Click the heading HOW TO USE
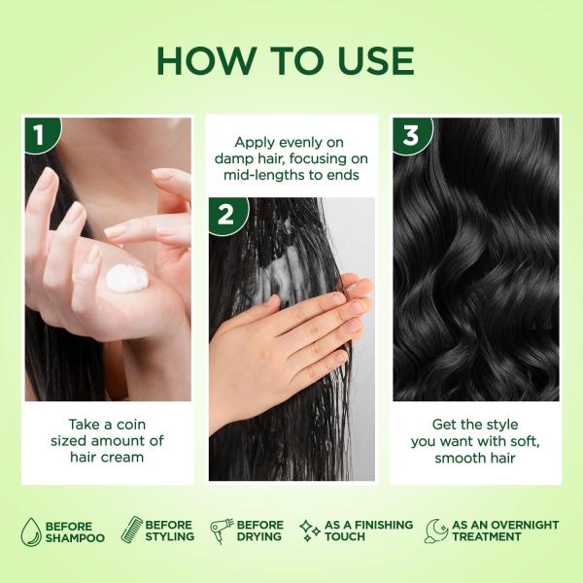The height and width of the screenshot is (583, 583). pyautogui.click(x=285, y=60)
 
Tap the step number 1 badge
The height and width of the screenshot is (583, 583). pyautogui.click(x=38, y=133)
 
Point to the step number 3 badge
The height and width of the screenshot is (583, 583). pyautogui.click(x=409, y=133)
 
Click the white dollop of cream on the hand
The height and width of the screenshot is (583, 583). pyautogui.click(x=124, y=279)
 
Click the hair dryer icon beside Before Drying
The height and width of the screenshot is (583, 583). pyautogui.click(x=221, y=531)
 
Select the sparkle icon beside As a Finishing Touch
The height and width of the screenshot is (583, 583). pyautogui.click(x=311, y=531)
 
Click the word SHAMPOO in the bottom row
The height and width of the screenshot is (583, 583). pyautogui.click(x=75, y=537)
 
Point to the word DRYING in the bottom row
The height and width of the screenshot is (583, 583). pyautogui.click(x=259, y=537)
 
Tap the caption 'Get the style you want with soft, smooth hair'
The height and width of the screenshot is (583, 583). pyautogui.click(x=475, y=440)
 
